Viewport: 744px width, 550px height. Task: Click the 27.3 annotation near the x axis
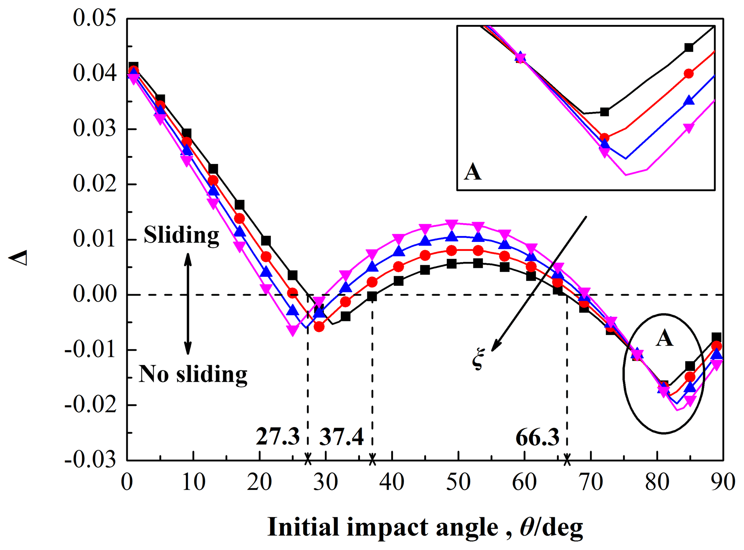tap(278, 437)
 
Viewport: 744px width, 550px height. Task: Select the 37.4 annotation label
tap(341, 437)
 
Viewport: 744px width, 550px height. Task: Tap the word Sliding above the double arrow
tap(181, 235)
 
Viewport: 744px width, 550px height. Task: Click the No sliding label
tap(193, 374)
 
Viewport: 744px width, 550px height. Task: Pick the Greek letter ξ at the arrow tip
tap(478, 359)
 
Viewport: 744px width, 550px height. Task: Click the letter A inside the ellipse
tap(664, 338)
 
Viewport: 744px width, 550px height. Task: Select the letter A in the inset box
tap(473, 172)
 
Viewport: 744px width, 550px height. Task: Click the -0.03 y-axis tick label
tap(90, 460)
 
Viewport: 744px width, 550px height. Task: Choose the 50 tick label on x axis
tap(458, 482)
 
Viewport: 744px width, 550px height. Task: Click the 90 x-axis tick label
tap(723, 482)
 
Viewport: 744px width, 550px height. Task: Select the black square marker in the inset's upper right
tap(689, 48)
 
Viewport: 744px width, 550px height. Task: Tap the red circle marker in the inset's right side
tap(689, 74)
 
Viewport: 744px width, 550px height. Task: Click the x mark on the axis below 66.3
tap(567, 460)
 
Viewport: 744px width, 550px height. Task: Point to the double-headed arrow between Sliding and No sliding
tap(188, 304)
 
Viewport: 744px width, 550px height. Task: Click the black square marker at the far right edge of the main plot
tap(716, 337)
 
